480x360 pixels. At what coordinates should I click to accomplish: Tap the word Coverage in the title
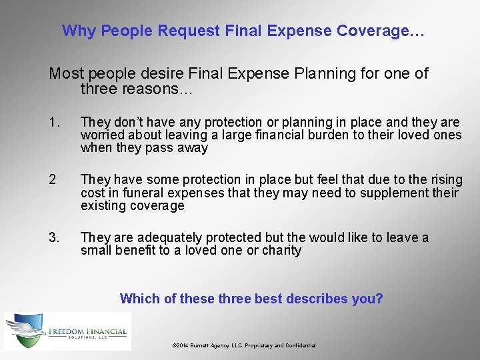coord(377,31)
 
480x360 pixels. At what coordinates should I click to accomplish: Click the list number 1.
coord(54,122)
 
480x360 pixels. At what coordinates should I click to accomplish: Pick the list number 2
coord(53,179)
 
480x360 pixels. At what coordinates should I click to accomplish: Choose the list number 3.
coord(54,237)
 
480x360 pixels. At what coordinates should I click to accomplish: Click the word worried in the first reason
coord(100,135)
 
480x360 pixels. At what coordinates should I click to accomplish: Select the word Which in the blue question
coord(139,299)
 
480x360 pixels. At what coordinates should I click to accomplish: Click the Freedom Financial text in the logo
coord(87,329)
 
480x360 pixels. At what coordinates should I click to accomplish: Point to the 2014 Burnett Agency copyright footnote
coord(244,345)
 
